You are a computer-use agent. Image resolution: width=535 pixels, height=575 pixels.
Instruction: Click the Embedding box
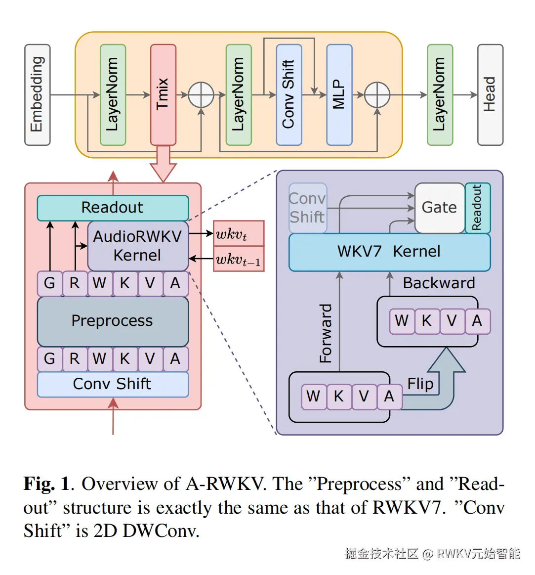click(x=38, y=95)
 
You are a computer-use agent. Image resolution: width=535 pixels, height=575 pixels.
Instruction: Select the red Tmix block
click(x=163, y=94)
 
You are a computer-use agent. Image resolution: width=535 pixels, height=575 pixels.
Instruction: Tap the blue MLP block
click(x=339, y=94)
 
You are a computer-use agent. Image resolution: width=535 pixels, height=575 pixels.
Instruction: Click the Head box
click(x=490, y=95)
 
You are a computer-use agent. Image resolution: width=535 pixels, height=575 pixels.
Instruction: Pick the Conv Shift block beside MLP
click(x=289, y=94)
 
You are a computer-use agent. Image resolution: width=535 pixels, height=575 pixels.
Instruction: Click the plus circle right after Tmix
click(x=201, y=95)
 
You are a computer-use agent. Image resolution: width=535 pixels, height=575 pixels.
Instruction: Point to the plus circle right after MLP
click(x=377, y=95)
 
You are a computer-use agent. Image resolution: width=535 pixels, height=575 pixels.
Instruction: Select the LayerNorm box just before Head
click(x=440, y=95)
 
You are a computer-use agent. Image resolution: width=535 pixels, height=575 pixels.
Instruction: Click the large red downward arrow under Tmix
click(x=163, y=166)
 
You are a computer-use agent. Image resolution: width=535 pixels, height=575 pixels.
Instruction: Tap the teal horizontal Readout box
click(x=113, y=208)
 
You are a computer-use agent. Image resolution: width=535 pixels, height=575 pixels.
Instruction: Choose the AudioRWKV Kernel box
click(x=137, y=246)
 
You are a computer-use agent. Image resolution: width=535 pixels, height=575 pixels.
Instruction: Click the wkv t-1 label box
click(x=239, y=259)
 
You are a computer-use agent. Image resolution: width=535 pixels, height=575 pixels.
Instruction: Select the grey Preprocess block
click(x=113, y=321)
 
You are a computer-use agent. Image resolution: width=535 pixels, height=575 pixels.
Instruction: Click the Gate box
click(x=439, y=208)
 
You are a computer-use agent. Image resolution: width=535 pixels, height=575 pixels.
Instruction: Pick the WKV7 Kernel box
click(x=389, y=252)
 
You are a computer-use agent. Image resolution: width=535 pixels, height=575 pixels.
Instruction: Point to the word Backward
click(x=439, y=283)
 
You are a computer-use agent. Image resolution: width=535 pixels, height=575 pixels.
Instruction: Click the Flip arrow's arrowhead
click(x=446, y=360)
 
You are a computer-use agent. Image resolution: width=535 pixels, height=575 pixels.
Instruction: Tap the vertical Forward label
click(x=326, y=333)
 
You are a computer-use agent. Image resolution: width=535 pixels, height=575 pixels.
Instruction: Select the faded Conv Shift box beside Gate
click(x=307, y=208)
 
